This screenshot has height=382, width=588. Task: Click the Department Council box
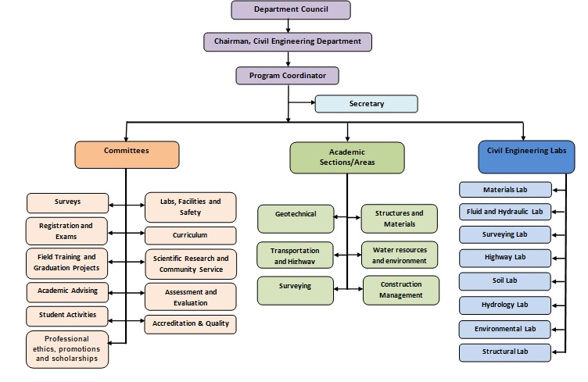(x=290, y=9)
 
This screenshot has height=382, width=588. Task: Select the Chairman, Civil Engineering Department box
(x=288, y=41)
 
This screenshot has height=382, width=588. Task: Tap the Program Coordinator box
(x=288, y=75)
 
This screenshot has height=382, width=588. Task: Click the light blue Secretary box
(x=366, y=103)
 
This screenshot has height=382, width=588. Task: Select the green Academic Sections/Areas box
(x=346, y=157)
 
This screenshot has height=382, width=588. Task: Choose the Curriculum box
(x=190, y=235)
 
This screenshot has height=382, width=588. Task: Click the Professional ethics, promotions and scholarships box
(x=67, y=348)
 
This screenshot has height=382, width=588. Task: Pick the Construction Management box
(x=400, y=290)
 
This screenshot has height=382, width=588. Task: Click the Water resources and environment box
(x=400, y=255)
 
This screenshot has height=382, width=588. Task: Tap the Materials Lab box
(x=504, y=189)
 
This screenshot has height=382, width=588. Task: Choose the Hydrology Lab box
(x=504, y=305)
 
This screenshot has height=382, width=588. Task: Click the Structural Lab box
(x=504, y=352)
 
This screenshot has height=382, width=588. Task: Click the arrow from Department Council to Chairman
(x=288, y=26)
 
